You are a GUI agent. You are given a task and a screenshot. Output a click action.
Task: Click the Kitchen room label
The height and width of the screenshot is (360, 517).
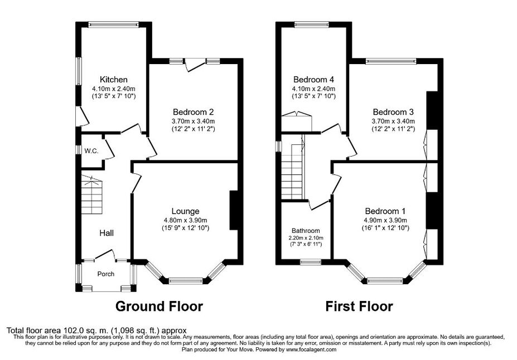[x=113, y=79]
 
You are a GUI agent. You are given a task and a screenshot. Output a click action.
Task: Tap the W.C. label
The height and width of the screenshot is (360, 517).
[x=91, y=151]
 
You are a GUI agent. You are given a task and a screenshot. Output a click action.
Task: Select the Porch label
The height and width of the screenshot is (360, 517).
[x=106, y=274]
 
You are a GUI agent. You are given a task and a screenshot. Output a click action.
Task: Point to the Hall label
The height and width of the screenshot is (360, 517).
[x=107, y=233]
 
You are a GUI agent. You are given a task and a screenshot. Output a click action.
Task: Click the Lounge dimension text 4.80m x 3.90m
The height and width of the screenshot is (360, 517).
[x=186, y=220]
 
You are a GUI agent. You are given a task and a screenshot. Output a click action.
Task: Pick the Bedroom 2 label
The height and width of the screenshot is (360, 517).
[x=193, y=112]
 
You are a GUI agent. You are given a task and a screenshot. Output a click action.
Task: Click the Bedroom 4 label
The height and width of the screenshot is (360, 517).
[x=313, y=79]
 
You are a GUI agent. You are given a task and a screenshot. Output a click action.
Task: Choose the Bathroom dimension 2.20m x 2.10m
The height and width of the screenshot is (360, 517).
[x=306, y=238]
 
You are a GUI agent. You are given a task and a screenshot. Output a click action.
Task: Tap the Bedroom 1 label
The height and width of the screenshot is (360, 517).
[x=385, y=211]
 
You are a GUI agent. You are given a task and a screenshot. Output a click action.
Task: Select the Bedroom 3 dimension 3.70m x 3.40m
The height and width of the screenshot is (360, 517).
[x=393, y=121]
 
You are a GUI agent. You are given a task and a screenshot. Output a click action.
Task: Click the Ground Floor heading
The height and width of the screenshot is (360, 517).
[x=159, y=307]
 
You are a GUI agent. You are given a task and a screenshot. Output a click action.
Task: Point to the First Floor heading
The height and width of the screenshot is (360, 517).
[x=359, y=307]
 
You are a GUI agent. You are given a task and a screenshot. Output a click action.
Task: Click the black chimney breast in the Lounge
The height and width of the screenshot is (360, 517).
[x=234, y=210]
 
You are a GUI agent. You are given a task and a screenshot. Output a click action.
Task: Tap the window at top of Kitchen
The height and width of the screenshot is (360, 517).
[x=114, y=24]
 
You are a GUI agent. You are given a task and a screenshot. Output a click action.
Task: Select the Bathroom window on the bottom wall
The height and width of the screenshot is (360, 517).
[x=311, y=261]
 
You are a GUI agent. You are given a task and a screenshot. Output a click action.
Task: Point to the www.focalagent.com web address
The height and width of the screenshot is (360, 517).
[x=311, y=349]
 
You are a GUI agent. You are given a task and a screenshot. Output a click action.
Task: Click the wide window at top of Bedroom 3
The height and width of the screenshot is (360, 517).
[x=391, y=61]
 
